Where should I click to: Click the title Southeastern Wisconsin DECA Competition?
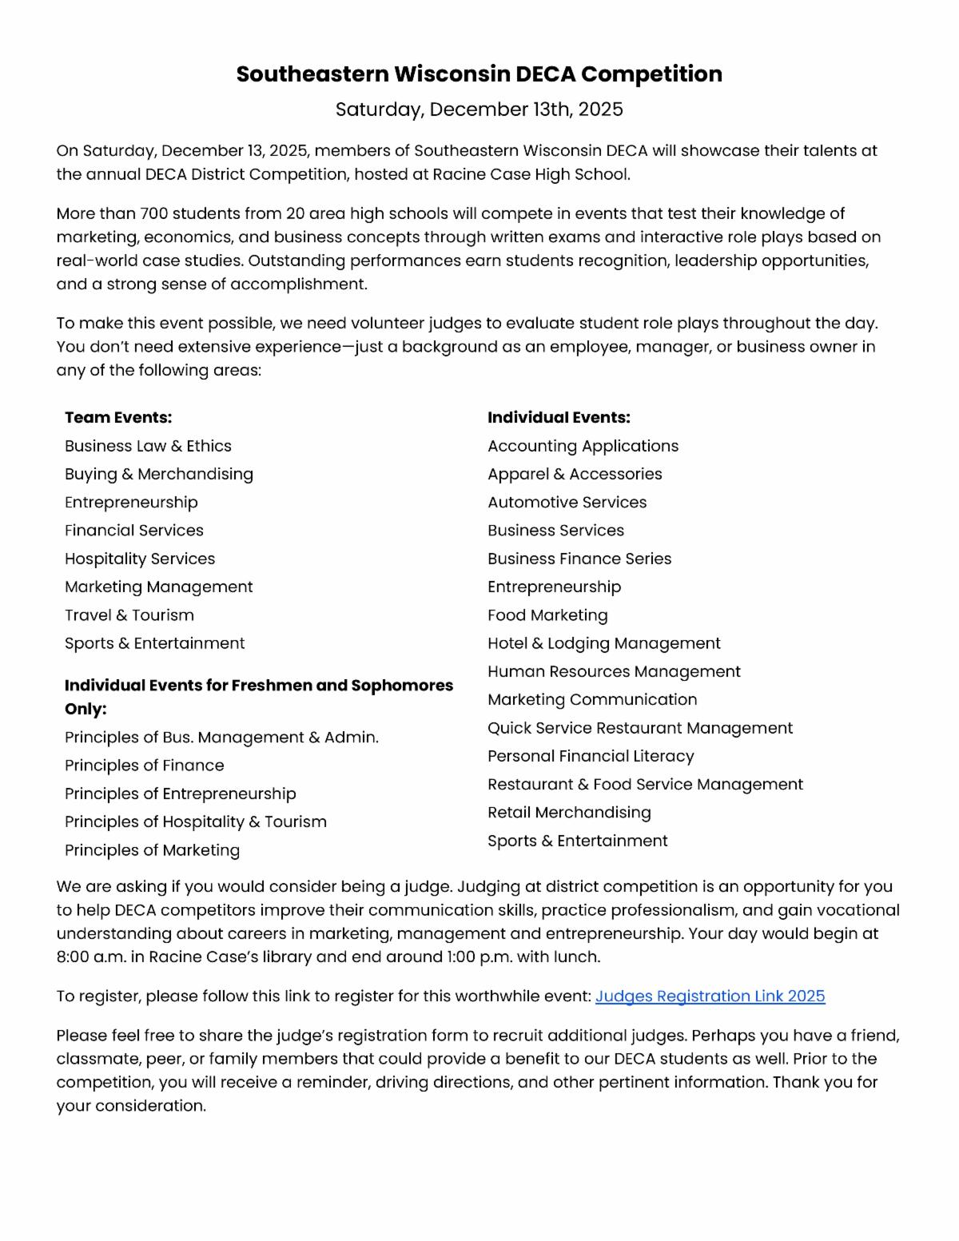(479, 74)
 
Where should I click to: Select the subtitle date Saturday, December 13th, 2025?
(479, 109)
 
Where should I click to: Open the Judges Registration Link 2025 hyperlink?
(710, 996)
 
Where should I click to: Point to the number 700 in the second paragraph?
(153, 214)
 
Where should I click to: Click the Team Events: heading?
(118, 418)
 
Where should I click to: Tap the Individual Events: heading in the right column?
(559, 418)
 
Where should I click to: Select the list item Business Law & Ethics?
(148, 446)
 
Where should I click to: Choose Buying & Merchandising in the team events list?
(159, 474)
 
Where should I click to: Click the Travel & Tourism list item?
(129, 615)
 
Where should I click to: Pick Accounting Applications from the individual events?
(583, 446)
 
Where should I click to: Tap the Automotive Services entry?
(567, 503)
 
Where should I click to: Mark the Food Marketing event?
(547, 615)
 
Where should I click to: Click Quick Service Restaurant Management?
(640, 728)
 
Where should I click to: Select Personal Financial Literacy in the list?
(591, 756)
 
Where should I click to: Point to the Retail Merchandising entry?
(569, 813)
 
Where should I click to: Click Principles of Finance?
(145, 766)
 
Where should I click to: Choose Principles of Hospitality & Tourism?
(196, 822)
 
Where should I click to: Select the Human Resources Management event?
(614, 672)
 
